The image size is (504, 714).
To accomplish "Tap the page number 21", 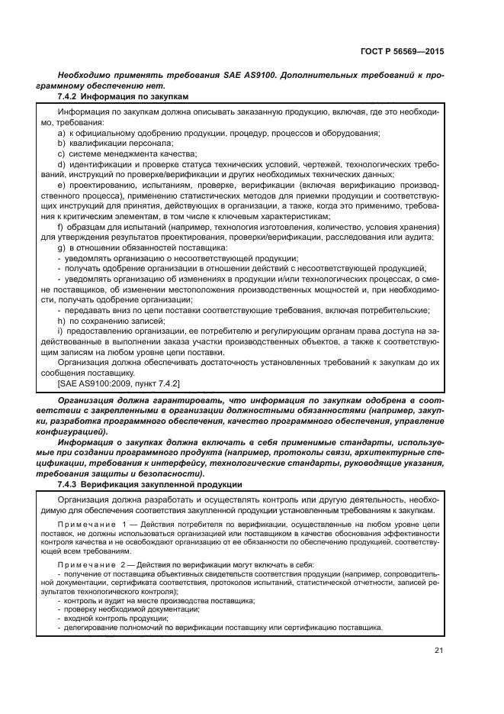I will click(438, 651).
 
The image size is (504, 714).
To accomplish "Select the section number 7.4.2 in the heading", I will click(68, 96).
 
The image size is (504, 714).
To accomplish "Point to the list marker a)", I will click(61, 133).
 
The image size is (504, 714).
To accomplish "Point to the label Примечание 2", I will click(91, 564).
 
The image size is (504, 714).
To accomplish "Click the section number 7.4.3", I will click(68, 485).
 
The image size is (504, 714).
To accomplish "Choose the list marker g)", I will click(61, 247).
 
